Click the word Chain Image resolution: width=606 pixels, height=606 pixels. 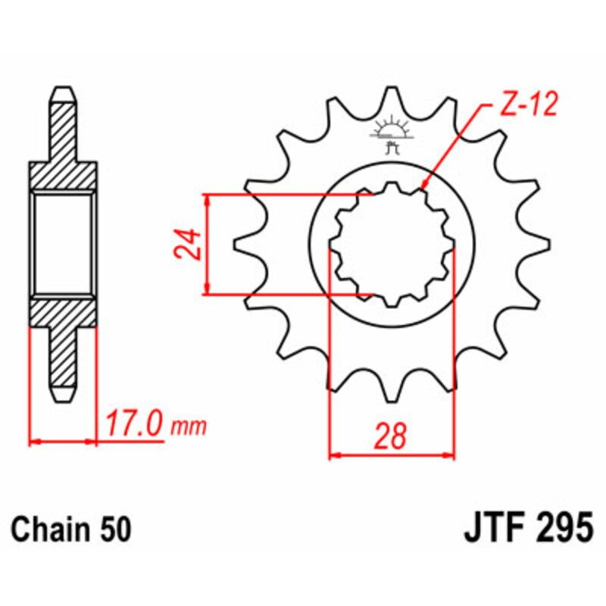coord(52,527)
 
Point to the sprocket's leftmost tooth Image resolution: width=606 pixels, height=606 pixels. coord(241,244)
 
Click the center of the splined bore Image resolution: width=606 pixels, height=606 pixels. coord(392,244)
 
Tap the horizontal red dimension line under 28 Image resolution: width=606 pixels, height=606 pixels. coord(392,457)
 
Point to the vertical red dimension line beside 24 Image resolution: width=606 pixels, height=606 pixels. coord(207,244)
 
